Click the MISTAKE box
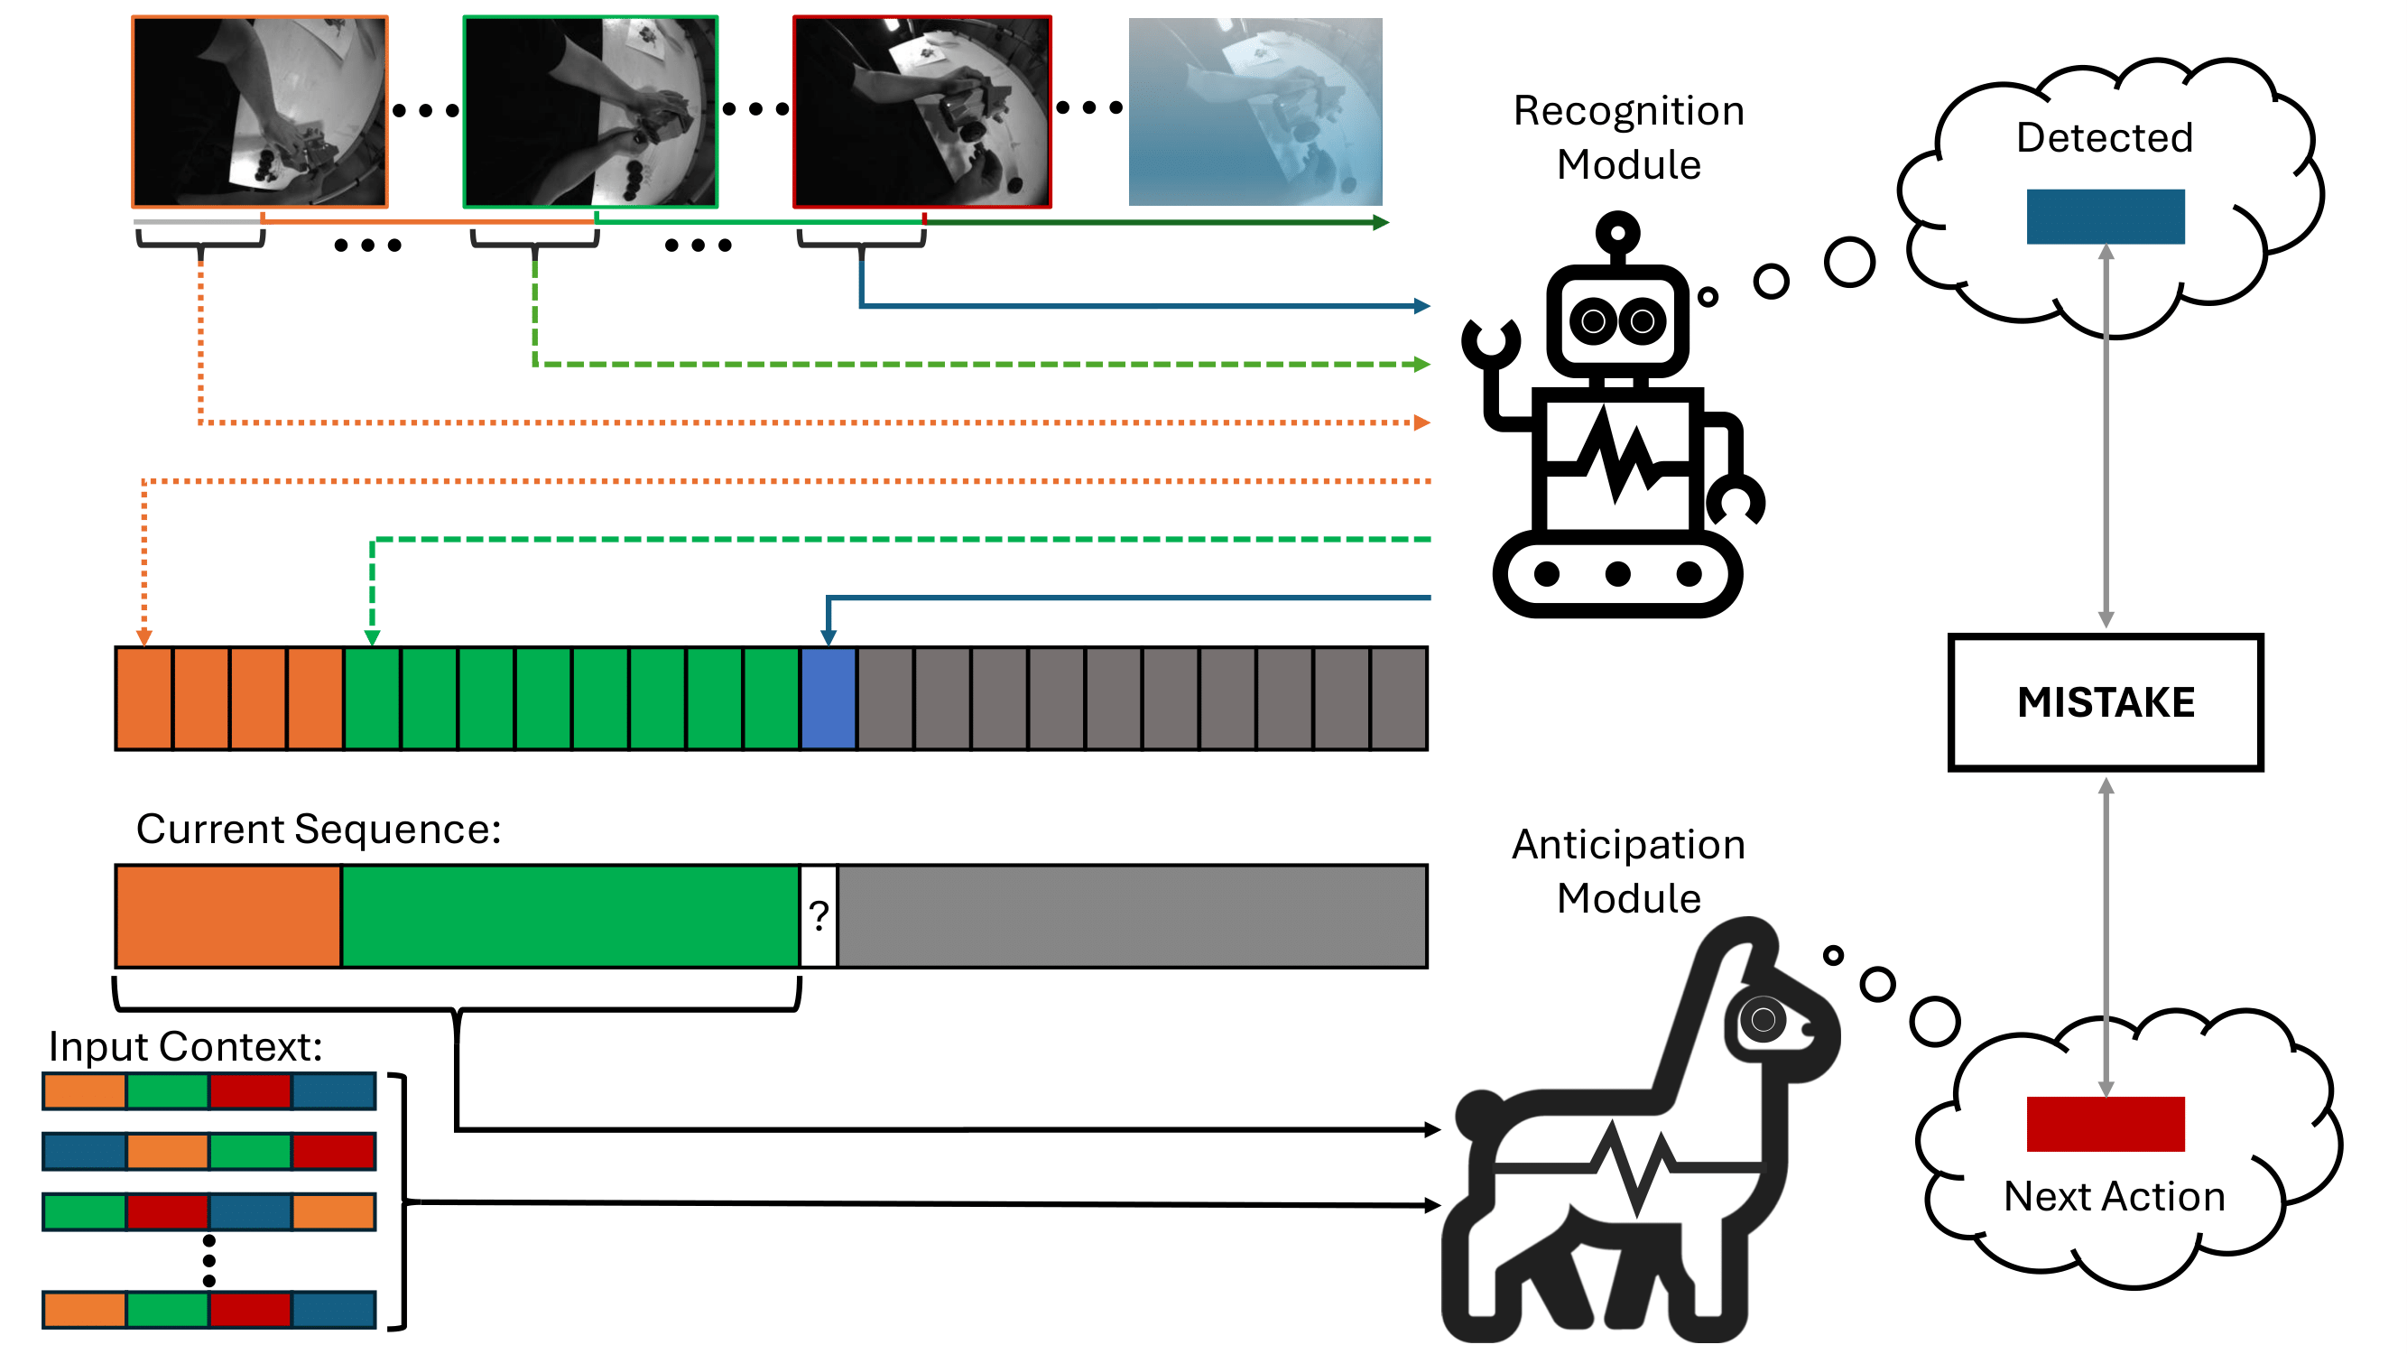point(2105,701)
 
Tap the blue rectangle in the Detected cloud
point(2105,217)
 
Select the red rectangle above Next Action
point(2105,1123)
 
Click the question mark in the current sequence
point(819,915)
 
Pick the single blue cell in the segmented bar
point(828,698)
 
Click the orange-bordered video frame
point(260,112)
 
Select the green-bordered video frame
point(590,112)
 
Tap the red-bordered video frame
point(922,112)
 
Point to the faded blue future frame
point(1254,112)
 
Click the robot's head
point(1617,320)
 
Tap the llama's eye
point(1763,1018)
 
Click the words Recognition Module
point(1629,137)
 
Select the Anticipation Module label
point(1629,871)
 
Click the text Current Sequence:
point(319,829)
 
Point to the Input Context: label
point(185,1045)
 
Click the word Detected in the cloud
point(2105,137)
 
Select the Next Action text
point(2114,1196)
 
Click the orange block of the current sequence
point(228,915)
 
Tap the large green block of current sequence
point(570,915)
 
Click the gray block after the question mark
point(1132,915)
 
